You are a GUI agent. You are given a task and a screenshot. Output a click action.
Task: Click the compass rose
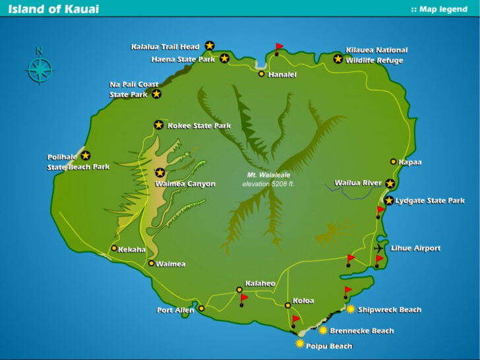point(40,68)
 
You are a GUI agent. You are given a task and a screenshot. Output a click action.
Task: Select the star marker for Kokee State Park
point(158,125)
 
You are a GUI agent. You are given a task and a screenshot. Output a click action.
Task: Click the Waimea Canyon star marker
point(160,173)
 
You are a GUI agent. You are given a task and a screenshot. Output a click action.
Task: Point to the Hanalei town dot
point(262,74)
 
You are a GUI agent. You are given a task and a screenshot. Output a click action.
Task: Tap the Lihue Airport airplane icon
point(378,248)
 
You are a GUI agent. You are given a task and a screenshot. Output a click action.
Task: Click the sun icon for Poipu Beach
point(301,344)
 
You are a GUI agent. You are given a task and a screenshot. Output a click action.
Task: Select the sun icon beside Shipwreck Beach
point(350,309)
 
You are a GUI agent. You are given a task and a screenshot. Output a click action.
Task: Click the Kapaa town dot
point(394,162)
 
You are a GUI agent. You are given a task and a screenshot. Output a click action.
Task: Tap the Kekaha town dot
point(114,249)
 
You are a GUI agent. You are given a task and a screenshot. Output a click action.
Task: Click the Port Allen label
point(175,310)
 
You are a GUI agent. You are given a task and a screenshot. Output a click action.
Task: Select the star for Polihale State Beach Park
point(86,156)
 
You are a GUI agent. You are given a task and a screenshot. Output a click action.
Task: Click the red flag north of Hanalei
point(279,47)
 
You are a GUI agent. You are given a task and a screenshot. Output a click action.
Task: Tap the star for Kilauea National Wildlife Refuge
point(338,59)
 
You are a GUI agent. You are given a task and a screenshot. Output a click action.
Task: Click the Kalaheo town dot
point(239,289)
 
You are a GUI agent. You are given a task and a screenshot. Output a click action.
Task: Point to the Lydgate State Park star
point(389,200)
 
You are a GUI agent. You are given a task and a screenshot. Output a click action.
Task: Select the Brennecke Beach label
point(361,330)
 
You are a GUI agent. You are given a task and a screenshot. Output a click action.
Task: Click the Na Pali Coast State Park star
point(156,94)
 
